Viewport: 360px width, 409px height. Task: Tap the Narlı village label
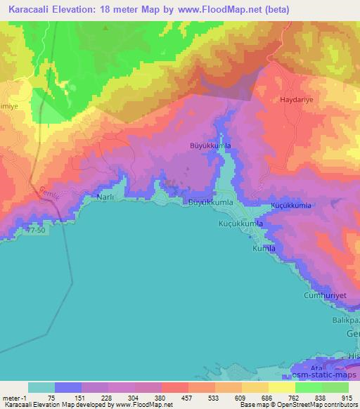[105, 199]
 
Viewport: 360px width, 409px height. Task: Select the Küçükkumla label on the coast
[240, 223]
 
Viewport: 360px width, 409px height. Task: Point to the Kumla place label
[264, 249]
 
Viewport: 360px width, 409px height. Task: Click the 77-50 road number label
[34, 229]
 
